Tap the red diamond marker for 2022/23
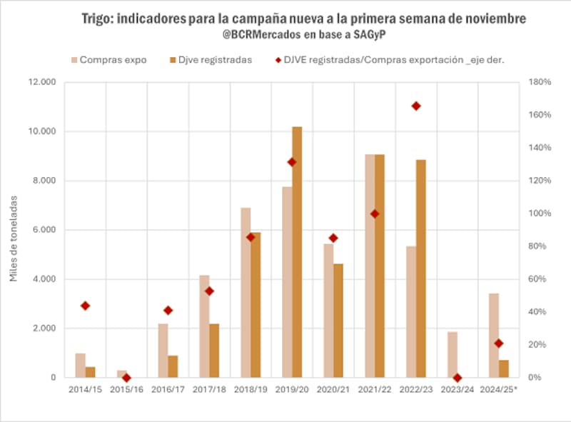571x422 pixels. click(415, 106)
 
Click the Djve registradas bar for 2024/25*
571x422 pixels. click(503, 368)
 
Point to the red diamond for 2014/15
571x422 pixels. click(86, 306)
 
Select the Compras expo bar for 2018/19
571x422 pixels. click(246, 292)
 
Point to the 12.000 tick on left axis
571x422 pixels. click(41, 82)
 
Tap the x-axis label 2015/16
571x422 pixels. click(126, 389)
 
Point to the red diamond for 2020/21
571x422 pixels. click(333, 238)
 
